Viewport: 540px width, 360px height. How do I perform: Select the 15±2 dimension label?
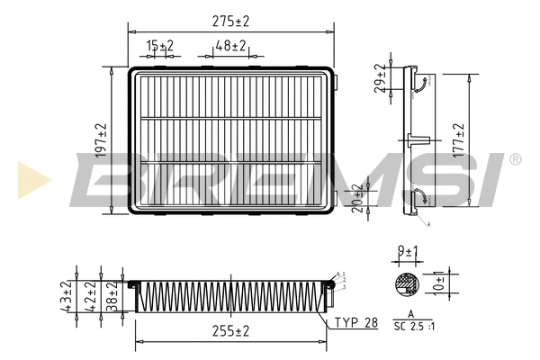(x=160, y=45)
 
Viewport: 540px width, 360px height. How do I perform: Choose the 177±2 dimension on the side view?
(x=459, y=141)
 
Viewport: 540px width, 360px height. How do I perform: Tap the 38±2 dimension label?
(x=112, y=293)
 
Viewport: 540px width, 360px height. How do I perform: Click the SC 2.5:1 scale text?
(x=413, y=327)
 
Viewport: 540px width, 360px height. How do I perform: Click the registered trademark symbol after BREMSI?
(x=515, y=159)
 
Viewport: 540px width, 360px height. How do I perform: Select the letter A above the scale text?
(x=411, y=314)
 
